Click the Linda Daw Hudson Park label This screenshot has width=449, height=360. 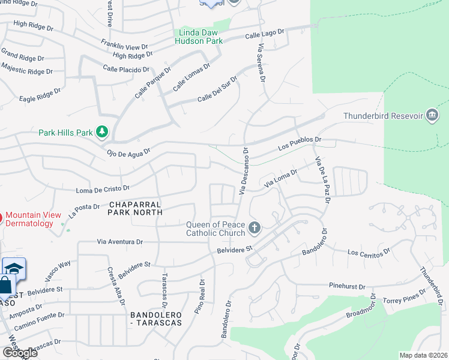coord(199,37)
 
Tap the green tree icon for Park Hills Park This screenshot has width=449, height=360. coord(103,131)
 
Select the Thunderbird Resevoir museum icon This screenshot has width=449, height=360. coord(432,115)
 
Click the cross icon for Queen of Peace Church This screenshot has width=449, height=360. coord(255,227)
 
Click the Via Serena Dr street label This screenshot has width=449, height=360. coord(261,62)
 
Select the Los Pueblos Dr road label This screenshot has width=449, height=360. coord(300,143)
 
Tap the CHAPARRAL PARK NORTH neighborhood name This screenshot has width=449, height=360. coord(135,208)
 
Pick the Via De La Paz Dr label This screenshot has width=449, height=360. coord(322,181)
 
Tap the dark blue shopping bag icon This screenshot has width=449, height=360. coord(5,286)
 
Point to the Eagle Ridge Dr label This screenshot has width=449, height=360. coord(40,95)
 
